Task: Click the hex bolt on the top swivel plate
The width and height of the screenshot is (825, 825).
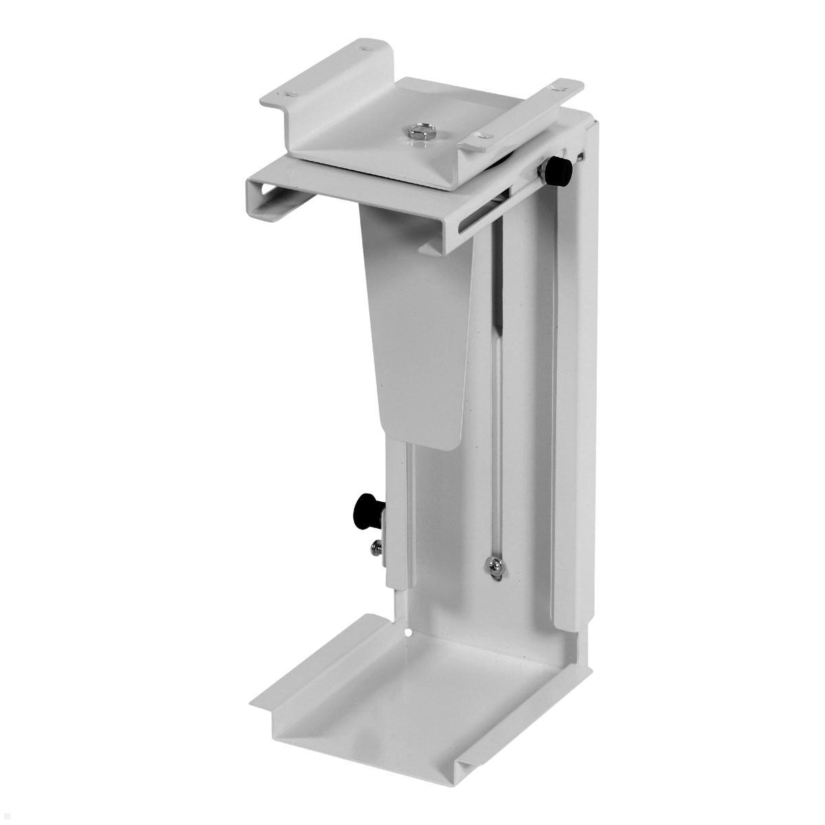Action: pyautogui.click(x=417, y=131)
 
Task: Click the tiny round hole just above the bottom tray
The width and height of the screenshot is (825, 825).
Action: pyautogui.click(x=408, y=631)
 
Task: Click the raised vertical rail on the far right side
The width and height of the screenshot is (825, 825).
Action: pyautogui.click(x=577, y=385)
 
